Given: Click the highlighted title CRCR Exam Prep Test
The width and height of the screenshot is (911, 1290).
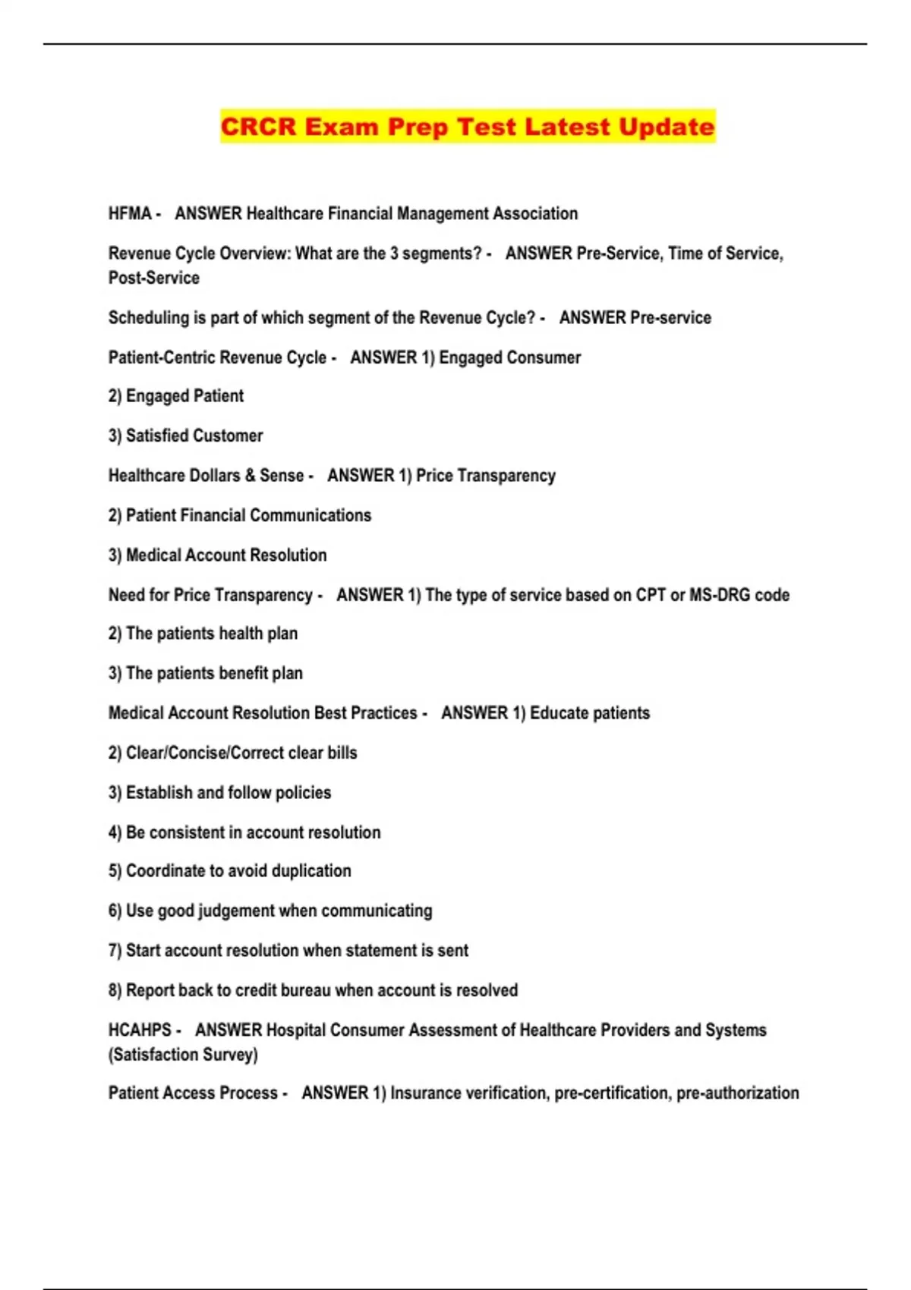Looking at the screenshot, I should [x=467, y=126].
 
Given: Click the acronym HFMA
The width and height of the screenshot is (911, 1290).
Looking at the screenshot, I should [x=130, y=214].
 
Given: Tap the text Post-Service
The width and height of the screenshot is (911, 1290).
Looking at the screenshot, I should [x=154, y=278].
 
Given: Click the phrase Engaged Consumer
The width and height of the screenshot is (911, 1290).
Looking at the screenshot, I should [x=509, y=357].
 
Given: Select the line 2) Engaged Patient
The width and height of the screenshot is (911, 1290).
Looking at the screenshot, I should [x=176, y=396].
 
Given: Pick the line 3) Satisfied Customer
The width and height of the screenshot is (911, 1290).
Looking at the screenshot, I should [x=186, y=436].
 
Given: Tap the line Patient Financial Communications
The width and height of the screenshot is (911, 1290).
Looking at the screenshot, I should [x=240, y=515].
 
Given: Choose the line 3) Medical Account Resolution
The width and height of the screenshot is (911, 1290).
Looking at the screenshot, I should [x=218, y=555].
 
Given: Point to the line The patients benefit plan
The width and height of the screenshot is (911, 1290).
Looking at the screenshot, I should [x=206, y=673].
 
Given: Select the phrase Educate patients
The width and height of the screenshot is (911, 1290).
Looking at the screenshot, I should [x=590, y=713].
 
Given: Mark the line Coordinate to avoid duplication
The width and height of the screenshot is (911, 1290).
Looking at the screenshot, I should [x=230, y=871].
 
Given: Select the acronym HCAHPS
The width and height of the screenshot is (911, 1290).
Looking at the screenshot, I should [x=140, y=1030].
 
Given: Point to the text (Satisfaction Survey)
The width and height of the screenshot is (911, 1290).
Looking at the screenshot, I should [x=183, y=1055].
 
